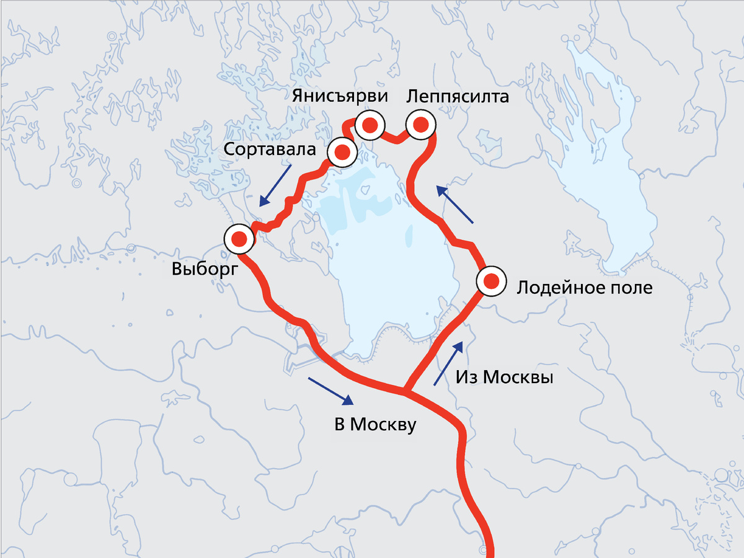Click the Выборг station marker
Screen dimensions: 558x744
click(239, 239)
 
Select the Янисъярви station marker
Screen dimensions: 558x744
click(370, 126)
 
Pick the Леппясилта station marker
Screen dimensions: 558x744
click(420, 126)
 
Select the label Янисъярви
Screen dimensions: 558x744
click(340, 96)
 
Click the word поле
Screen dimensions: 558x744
click(631, 288)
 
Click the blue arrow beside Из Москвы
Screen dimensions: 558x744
click(448, 363)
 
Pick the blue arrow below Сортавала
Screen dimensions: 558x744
click(275, 184)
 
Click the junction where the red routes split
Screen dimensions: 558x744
click(404, 391)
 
